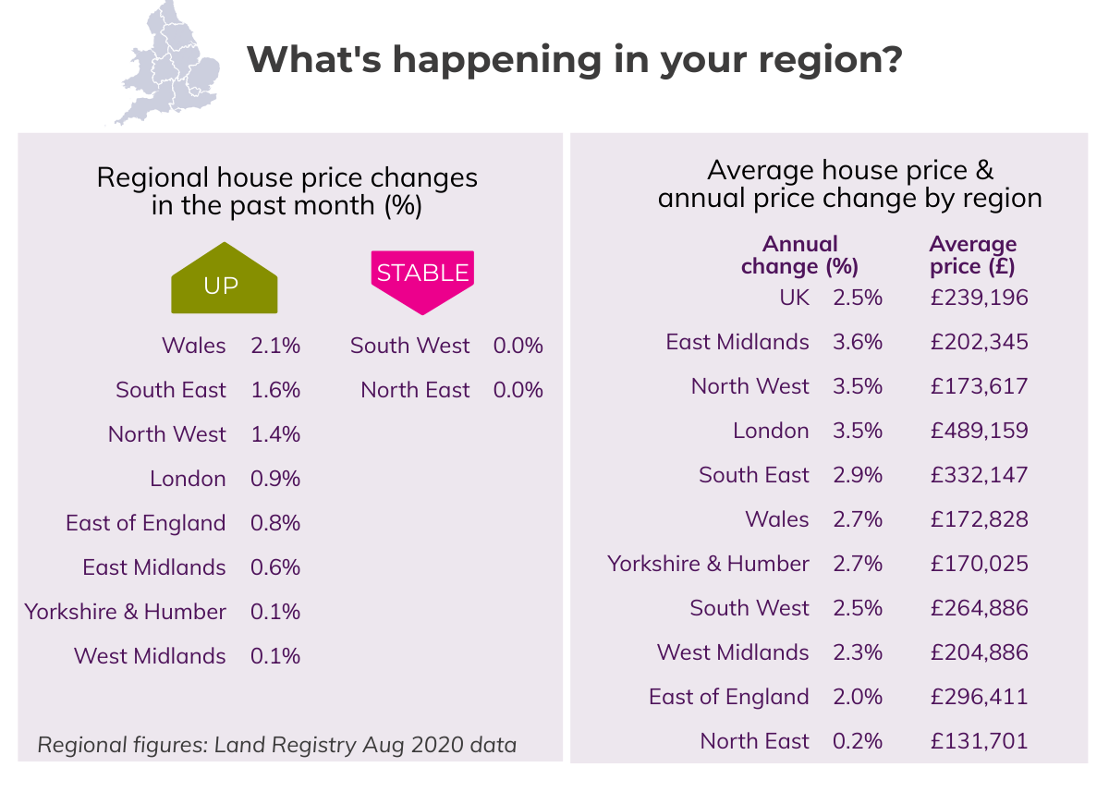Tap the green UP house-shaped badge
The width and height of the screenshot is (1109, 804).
click(x=225, y=280)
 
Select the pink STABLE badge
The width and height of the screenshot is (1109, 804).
click(x=422, y=274)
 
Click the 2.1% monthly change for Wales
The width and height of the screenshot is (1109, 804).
click(x=275, y=346)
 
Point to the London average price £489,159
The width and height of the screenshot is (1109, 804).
click(x=979, y=431)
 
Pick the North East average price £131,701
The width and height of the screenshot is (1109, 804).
click(x=979, y=741)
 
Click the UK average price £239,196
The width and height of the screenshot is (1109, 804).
click(x=979, y=298)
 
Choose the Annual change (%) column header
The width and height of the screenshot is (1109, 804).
click(x=800, y=256)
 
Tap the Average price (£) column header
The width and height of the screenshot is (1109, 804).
click(x=972, y=256)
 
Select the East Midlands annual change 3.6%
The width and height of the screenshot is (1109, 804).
click(x=858, y=342)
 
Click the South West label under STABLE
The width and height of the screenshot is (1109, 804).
click(x=410, y=346)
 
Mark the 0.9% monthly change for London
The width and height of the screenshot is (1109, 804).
click(x=275, y=479)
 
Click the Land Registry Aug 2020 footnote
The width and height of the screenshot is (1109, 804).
click(x=277, y=745)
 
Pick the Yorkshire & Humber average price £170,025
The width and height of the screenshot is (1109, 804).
click(x=979, y=564)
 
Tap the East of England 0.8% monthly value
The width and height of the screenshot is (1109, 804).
click(x=275, y=523)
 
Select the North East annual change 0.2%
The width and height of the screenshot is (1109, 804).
click(x=858, y=741)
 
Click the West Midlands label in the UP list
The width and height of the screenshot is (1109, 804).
click(x=150, y=656)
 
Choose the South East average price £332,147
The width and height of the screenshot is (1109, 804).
click(x=979, y=475)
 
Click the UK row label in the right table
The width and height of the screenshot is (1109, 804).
click(x=794, y=298)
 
